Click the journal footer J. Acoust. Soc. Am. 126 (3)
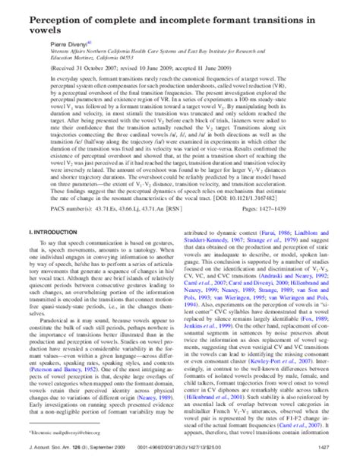[x=57, y=457]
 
